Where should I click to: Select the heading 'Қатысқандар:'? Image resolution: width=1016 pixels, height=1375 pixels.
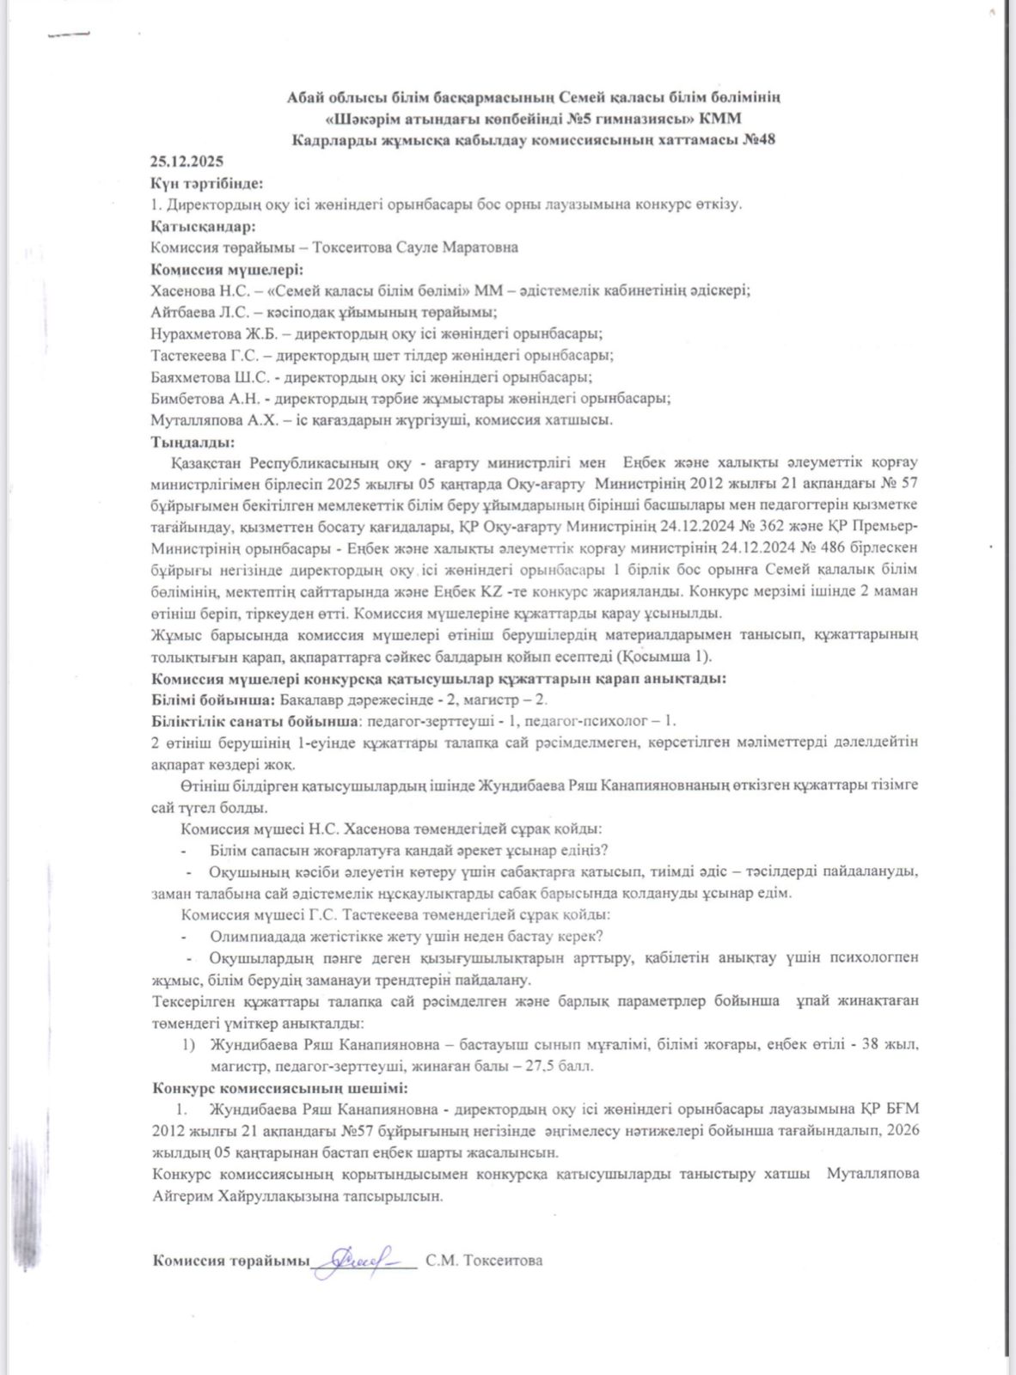(203, 226)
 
